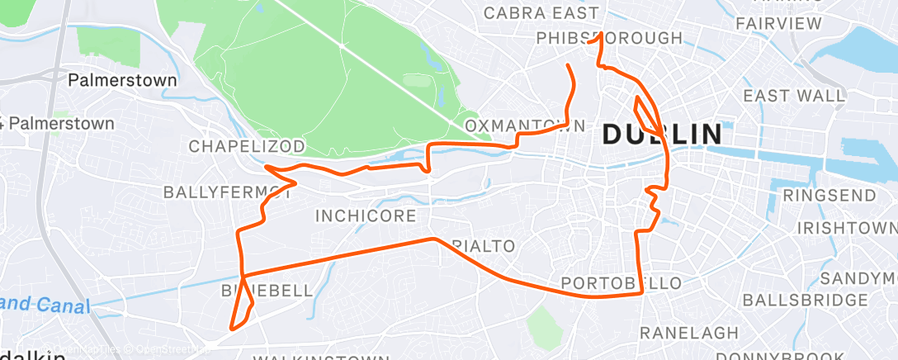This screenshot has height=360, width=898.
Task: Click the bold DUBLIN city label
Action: (662, 134)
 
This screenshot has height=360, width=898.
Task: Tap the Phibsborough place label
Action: (609, 39)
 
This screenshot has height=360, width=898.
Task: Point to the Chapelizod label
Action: (247, 146)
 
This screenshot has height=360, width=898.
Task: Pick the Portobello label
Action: (622, 283)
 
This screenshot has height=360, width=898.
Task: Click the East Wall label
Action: (794, 96)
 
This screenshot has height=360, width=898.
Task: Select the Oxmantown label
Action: (526, 126)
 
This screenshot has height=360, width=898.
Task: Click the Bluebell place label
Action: (267, 291)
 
